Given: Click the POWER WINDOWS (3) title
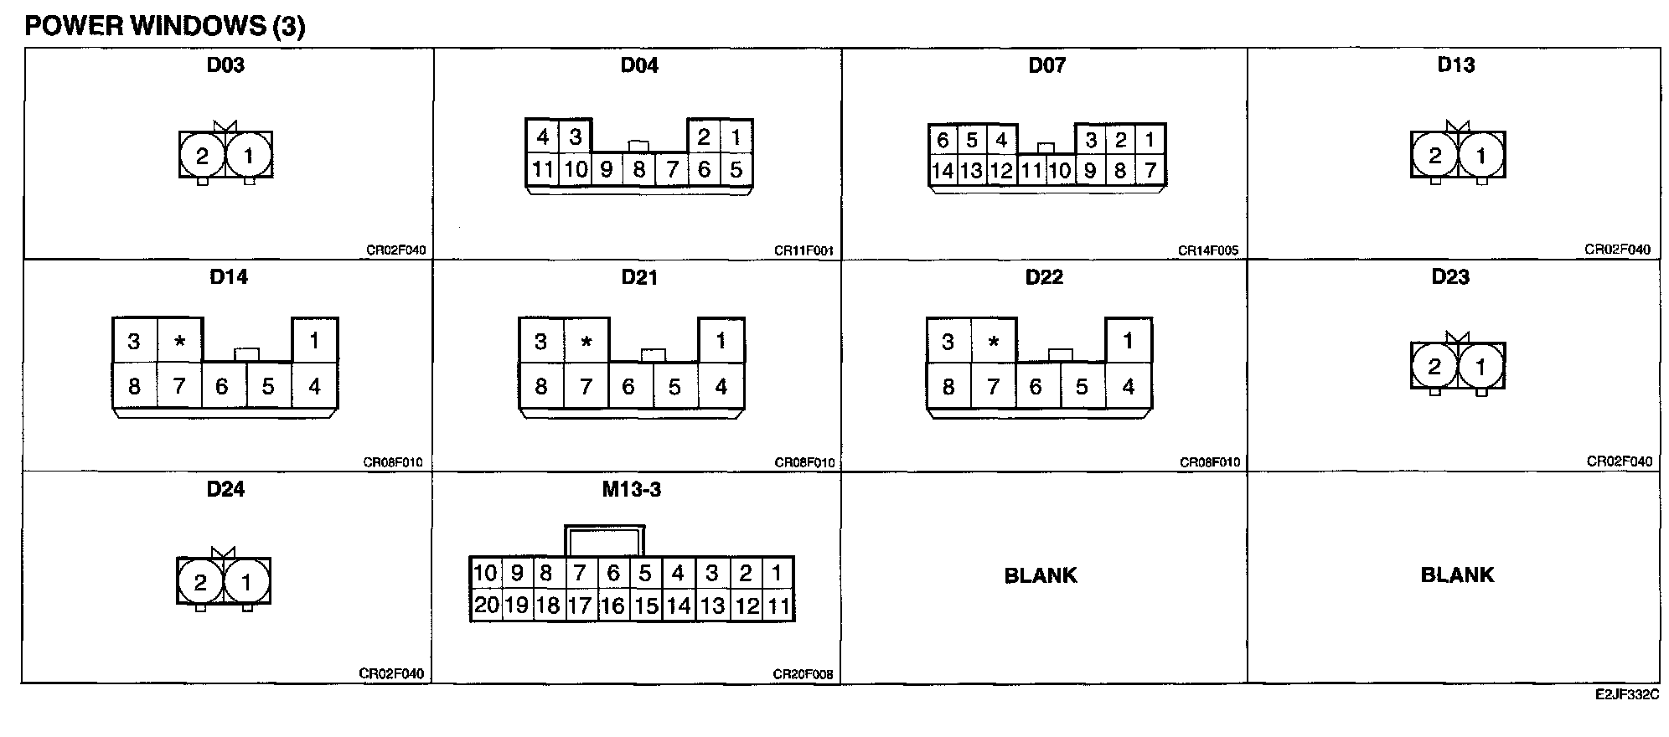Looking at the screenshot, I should click(165, 26).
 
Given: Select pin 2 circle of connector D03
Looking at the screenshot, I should click(202, 156).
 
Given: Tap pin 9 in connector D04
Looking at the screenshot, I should click(607, 170).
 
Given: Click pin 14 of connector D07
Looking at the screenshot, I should click(943, 171).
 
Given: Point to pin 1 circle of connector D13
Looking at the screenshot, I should click(1481, 155).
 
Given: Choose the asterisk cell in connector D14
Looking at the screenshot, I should click(179, 342).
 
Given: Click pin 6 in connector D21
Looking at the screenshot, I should click(628, 387).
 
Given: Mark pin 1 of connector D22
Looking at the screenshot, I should click(1129, 341).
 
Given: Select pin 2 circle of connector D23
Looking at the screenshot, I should click(1434, 366).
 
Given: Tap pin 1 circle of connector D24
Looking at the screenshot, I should click(246, 582).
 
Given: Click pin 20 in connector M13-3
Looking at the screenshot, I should click(486, 606).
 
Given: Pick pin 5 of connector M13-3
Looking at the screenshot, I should click(645, 574).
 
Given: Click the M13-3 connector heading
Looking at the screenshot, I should click(632, 489).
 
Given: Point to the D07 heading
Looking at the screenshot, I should click(1047, 65).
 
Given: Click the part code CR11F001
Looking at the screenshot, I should click(803, 250).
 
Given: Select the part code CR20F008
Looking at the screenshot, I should click(803, 674).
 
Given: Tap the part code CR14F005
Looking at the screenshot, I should click(1208, 250).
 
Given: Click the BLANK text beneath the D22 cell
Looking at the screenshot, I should click(1041, 575).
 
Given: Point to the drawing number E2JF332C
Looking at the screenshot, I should click(1627, 695).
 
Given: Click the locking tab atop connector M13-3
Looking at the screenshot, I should click(605, 540).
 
